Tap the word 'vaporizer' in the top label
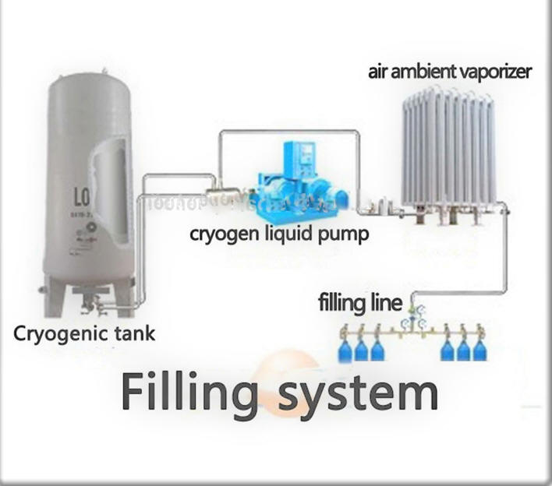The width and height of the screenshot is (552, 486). [495, 72]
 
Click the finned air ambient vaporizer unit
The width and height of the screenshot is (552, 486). [448, 152]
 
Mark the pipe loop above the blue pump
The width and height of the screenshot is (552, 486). [288, 133]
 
